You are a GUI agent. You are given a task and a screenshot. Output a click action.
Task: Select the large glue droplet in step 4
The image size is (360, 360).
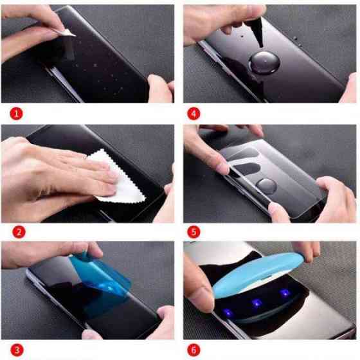tap(263, 64)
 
